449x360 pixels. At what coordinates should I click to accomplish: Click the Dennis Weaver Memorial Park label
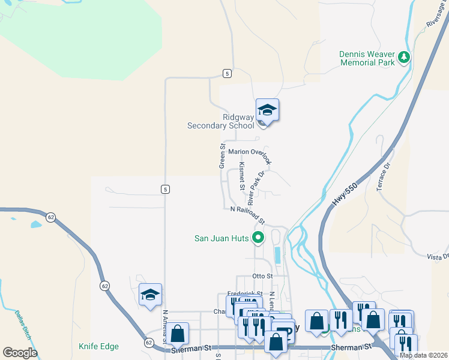pyautogui.click(x=367, y=58)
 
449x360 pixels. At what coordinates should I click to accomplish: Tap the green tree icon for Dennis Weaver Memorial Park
pyautogui.click(x=405, y=58)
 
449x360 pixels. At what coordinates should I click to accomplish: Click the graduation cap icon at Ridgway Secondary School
pyautogui.click(x=267, y=110)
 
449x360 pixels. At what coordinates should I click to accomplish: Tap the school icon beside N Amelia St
pyautogui.click(x=150, y=295)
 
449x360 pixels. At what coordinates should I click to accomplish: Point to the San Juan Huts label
pyautogui.click(x=221, y=238)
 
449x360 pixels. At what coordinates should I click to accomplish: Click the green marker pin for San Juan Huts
pyautogui.click(x=258, y=238)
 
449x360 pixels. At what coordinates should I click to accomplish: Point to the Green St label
pyautogui.click(x=222, y=155)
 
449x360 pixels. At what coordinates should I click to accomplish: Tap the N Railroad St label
pyautogui.click(x=247, y=213)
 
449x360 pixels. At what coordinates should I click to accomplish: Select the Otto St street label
pyautogui.click(x=263, y=276)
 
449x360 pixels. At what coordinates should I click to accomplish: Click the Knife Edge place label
pyautogui.click(x=98, y=346)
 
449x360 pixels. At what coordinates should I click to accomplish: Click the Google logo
pyautogui.click(x=20, y=353)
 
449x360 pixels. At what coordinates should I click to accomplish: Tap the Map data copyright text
pyautogui.click(x=423, y=355)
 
